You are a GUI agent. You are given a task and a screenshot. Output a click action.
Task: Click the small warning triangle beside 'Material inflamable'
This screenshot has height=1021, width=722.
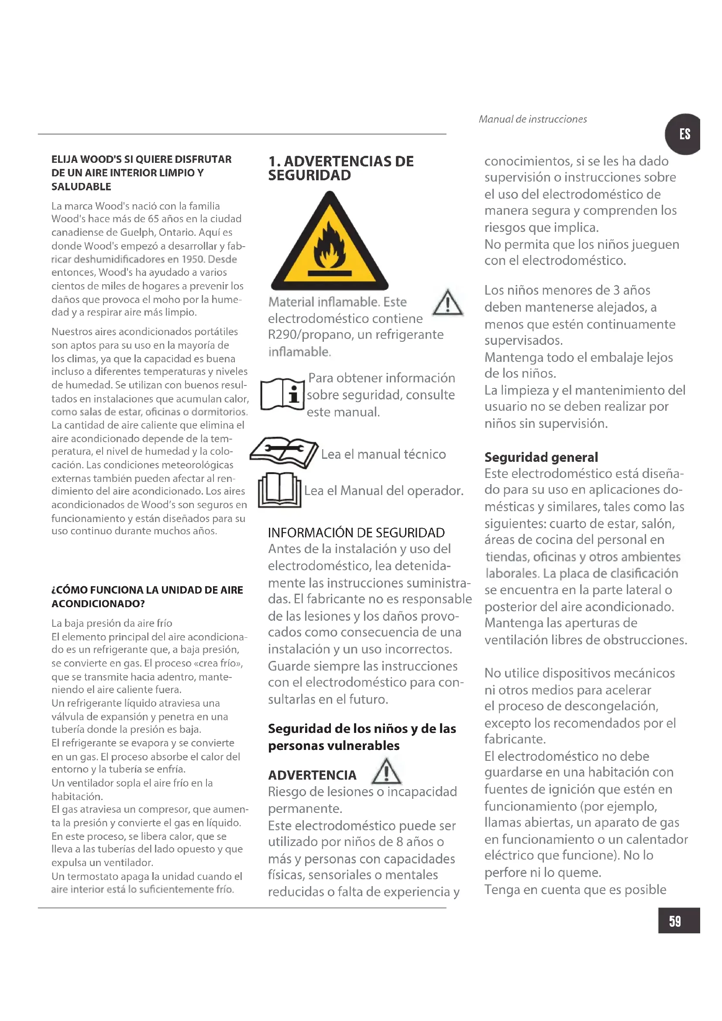pyautogui.click(x=448, y=303)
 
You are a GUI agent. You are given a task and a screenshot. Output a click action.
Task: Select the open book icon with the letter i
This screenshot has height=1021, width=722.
pyautogui.click(x=282, y=394)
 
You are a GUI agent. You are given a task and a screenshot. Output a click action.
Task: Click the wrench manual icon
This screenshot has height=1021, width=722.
pyautogui.click(x=284, y=452)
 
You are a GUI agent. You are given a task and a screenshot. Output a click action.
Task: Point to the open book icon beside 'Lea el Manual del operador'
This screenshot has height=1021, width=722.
pyautogui.click(x=280, y=490)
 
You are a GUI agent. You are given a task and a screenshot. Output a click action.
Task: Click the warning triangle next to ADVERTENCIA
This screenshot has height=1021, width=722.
pyautogui.click(x=386, y=771)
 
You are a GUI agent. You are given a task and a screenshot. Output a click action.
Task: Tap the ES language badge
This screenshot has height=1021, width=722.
pyautogui.click(x=684, y=134)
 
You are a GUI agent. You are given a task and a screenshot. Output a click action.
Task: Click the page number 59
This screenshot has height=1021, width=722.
pyautogui.click(x=675, y=921)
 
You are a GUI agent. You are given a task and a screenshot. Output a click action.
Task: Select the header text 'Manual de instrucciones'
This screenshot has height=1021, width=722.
pyautogui.click(x=533, y=119)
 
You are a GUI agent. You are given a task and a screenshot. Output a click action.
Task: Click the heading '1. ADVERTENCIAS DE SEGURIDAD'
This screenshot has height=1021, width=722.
pyautogui.click(x=340, y=168)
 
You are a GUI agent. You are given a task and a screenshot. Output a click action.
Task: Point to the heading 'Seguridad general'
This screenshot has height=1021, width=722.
pyautogui.click(x=541, y=457)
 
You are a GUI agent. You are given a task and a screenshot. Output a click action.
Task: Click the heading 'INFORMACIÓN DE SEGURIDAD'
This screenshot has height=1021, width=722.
pyautogui.click(x=356, y=532)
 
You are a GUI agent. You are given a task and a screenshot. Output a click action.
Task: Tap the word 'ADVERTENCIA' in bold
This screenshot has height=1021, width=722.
pyautogui.click(x=312, y=775)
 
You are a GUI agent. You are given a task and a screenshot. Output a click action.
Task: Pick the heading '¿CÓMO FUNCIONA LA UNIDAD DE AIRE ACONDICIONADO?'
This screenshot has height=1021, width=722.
pyautogui.click(x=147, y=597)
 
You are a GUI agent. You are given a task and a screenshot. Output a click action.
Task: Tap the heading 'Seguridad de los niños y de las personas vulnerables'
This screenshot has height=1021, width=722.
pyautogui.click(x=362, y=737)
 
